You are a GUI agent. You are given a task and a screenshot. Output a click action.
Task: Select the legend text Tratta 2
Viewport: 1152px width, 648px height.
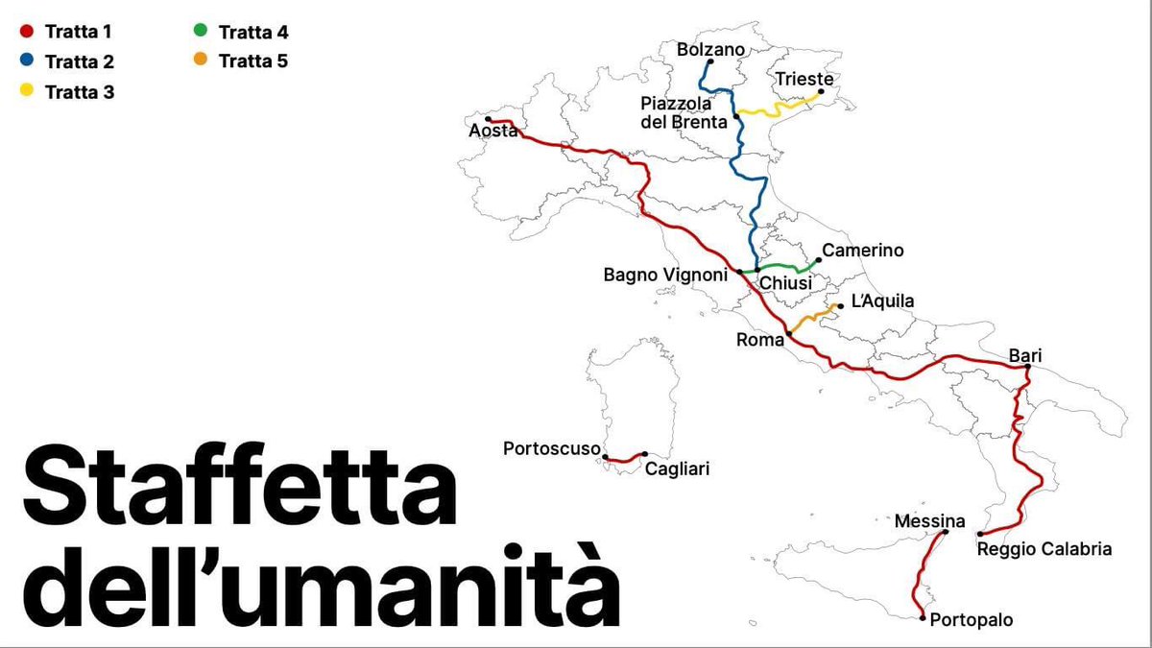[x=80, y=62]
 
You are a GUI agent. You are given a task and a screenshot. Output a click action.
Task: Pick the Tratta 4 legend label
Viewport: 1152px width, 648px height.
[x=253, y=32]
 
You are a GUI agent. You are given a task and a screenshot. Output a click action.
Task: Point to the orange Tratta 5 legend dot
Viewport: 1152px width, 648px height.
[x=200, y=61]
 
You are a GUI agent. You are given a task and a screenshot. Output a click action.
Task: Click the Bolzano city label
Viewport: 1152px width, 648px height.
[x=710, y=49]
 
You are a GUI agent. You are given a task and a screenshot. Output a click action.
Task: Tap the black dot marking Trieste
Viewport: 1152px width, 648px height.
[x=821, y=92]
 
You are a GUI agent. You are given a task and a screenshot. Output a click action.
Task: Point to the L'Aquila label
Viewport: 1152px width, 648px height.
[x=882, y=301]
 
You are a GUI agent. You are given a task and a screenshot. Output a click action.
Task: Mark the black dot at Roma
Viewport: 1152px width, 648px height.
[x=788, y=334]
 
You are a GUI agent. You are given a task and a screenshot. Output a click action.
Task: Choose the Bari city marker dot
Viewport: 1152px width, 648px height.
[x=1027, y=367]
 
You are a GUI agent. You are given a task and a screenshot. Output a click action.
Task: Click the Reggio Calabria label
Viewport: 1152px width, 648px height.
[x=1044, y=549]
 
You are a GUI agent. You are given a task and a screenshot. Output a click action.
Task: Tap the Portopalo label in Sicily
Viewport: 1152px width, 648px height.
[x=971, y=620]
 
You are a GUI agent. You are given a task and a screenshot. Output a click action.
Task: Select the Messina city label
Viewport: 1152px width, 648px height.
[x=929, y=521]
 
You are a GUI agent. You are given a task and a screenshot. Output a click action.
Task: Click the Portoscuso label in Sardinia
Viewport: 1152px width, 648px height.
[x=552, y=448]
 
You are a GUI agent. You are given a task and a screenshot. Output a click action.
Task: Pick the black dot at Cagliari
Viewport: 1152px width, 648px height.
[x=644, y=454]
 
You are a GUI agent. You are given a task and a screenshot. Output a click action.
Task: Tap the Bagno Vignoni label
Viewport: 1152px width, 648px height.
[x=665, y=275]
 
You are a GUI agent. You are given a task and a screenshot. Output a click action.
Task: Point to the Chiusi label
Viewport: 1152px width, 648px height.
[x=785, y=283]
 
